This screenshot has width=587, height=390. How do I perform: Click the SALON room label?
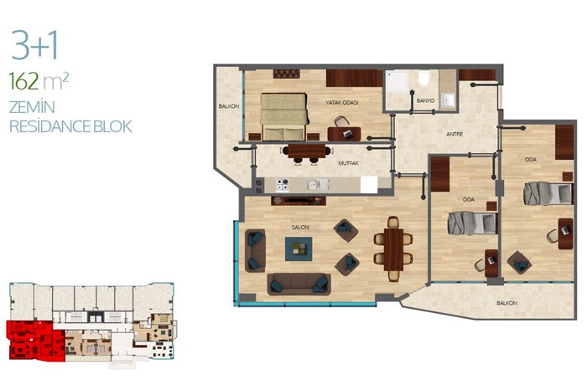(300, 227)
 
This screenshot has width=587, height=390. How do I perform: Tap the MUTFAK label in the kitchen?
(349, 163)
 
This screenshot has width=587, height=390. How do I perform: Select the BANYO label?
(426, 101)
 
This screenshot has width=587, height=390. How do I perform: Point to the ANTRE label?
(455, 134)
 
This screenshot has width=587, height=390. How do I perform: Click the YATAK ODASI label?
(342, 102)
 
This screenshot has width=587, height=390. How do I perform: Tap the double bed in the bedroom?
(284, 116)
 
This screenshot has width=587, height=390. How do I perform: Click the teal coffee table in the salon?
(299, 249)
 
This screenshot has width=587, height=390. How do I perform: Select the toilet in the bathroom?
(423, 78)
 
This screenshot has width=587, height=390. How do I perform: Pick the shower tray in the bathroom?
(397, 82)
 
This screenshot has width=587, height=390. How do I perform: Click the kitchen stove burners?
(283, 185)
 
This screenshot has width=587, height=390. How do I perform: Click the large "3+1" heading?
(35, 45)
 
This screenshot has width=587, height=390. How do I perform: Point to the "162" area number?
(23, 81)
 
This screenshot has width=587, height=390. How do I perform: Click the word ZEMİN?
(32, 106)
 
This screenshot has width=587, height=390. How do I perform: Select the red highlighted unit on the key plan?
(35, 341)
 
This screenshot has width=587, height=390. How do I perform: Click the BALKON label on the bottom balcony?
(506, 303)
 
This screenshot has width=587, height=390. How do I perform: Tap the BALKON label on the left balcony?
(229, 106)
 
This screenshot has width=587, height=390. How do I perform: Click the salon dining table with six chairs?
(393, 249)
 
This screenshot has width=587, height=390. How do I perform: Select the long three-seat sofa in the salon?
(299, 284)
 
